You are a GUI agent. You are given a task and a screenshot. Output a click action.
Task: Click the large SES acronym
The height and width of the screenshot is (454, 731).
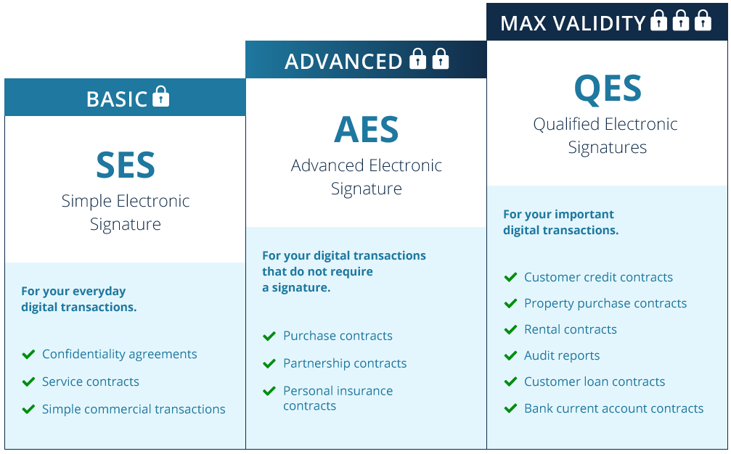point(126,165)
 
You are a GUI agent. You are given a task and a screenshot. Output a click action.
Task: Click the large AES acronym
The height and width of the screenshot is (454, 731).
point(367,129)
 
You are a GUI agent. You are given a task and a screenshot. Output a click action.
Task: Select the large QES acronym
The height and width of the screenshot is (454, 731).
point(608,88)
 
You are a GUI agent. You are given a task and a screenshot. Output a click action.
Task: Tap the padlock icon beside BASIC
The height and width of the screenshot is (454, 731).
point(161,96)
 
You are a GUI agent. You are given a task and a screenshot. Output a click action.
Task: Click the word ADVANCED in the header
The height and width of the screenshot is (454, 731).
point(343,62)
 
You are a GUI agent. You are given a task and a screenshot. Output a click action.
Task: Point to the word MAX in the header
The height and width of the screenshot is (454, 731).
point(523,23)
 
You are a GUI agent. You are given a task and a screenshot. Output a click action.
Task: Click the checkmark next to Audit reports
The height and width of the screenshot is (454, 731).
point(510,356)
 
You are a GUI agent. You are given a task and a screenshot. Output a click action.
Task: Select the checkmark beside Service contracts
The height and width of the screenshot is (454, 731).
point(28,381)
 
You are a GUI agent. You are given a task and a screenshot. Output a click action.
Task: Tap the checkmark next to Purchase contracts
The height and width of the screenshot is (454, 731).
point(269,337)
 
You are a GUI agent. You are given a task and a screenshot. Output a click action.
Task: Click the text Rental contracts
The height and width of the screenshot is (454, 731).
point(570,329)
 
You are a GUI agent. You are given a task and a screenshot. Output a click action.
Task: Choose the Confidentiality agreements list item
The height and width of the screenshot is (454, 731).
point(119,355)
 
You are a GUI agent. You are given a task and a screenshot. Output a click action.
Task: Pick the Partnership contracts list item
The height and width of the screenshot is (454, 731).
point(345,363)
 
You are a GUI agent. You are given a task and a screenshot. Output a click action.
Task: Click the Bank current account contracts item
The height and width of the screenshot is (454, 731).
point(613,408)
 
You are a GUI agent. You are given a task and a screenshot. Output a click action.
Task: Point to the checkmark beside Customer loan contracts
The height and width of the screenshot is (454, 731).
point(510,381)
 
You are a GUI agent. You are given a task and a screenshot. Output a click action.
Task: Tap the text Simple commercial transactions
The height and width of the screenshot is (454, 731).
point(134,409)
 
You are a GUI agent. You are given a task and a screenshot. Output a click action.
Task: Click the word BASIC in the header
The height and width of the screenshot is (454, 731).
point(117,99)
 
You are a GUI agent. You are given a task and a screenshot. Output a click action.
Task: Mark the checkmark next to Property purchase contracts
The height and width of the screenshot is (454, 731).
point(510,304)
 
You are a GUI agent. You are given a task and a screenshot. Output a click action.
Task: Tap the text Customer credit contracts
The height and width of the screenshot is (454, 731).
point(599,277)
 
